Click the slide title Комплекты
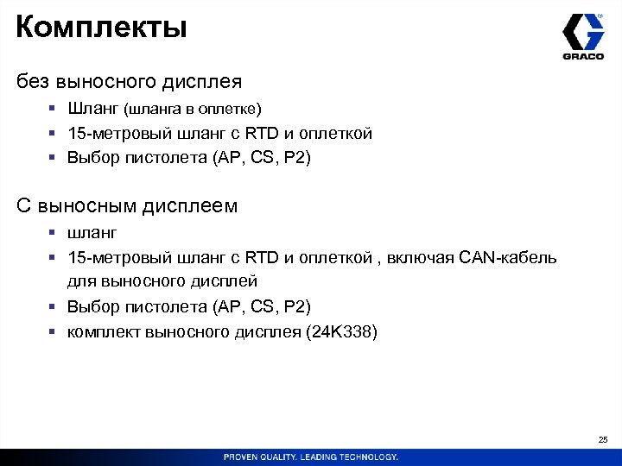[x=101, y=28]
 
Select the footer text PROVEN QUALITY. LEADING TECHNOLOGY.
[x=311, y=457]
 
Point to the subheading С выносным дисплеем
[x=127, y=206]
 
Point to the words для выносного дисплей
[x=162, y=281]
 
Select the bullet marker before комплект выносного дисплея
[x=53, y=332]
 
